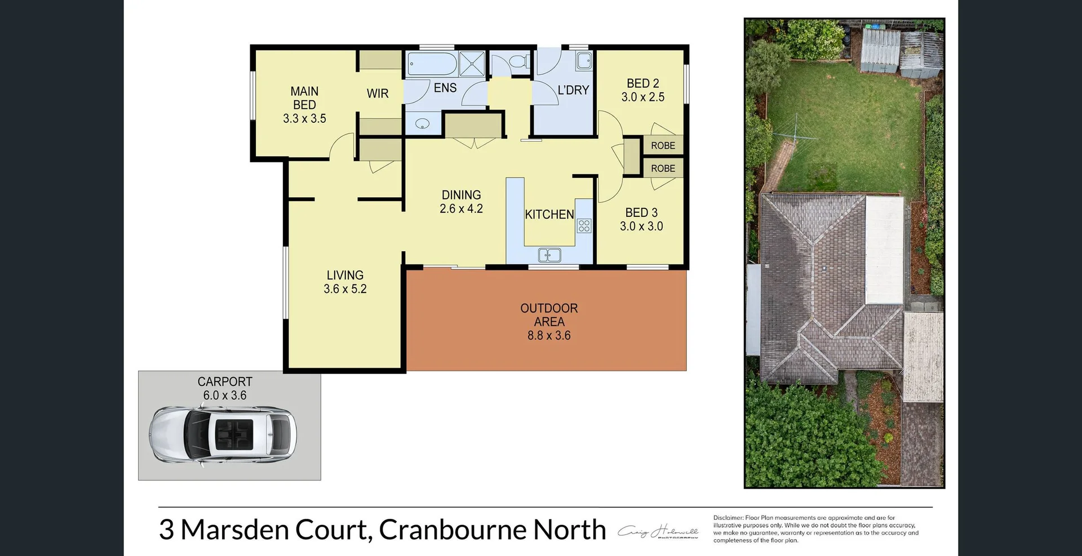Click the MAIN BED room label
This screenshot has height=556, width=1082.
(x=304, y=98)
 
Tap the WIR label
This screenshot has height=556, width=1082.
(x=378, y=94)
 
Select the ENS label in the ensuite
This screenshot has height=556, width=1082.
(x=445, y=88)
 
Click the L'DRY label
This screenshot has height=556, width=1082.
(x=573, y=90)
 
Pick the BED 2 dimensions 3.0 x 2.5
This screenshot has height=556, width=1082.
(x=643, y=97)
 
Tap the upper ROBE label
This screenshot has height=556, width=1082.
(x=663, y=146)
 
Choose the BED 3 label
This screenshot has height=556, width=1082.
(x=641, y=213)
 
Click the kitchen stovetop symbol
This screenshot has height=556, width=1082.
(x=584, y=226)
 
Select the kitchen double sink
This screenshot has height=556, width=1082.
(x=549, y=255)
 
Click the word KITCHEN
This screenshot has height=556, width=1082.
(x=549, y=215)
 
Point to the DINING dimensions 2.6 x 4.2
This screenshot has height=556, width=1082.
(x=461, y=208)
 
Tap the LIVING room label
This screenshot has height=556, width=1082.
(x=345, y=275)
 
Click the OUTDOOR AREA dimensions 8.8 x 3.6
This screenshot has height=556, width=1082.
(x=549, y=336)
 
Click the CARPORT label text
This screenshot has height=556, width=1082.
(x=225, y=382)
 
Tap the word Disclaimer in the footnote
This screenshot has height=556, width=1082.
(x=728, y=518)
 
